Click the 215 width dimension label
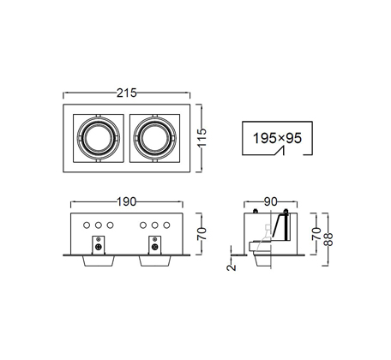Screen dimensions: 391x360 [127, 93]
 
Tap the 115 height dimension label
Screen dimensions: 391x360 [202, 138]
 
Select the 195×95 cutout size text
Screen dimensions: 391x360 [277, 138]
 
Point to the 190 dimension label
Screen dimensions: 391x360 [127, 202]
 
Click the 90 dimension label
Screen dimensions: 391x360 [270, 202]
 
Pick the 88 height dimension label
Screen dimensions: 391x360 [328, 239]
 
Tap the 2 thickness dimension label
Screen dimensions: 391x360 [232, 267]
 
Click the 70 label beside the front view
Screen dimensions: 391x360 [202, 234]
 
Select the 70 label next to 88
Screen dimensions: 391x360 [316, 234]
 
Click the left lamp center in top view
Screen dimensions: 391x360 [98, 138]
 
